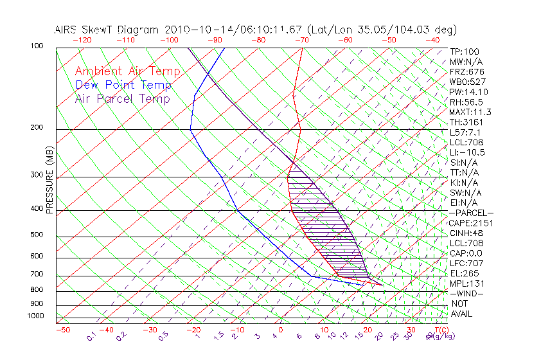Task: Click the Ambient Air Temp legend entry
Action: pyautogui.click(x=127, y=71)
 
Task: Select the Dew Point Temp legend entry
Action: pyautogui.click(x=123, y=85)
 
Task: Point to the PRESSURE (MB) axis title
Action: pyautogui.click(x=49, y=179)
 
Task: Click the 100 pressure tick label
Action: pyautogui.click(x=37, y=46)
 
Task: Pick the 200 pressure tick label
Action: pyautogui.click(x=37, y=128)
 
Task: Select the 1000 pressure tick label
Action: pyautogui.click(x=35, y=316)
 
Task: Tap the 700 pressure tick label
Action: pyautogui.click(x=37, y=274)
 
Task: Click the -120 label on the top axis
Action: pyautogui.click(x=82, y=40)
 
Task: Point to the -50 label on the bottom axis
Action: pyautogui.click(x=62, y=330)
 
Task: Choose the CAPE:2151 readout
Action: pyautogui.click(x=470, y=223)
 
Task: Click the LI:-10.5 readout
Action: pyautogui.click(x=467, y=152)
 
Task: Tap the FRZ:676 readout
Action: pyautogui.click(x=467, y=72)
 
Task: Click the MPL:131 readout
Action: pyautogui.click(x=467, y=283)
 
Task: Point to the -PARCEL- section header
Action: pyautogui.click(x=471, y=213)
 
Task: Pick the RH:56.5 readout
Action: pyautogui.click(x=466, y=102)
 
